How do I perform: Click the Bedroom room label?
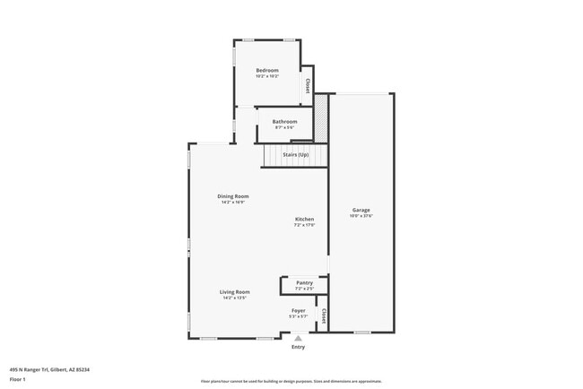[x=267, y=70]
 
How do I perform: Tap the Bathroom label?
[x=285, y=121]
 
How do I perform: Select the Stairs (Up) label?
[x=296, y=155]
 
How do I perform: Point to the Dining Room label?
[x=233, y=195]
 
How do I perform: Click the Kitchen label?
[x=305, y=219]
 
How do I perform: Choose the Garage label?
[x=361, y=210]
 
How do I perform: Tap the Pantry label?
[x=305, y=282]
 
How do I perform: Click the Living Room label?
[x=235, y=291]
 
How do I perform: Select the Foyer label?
[x=298, y=310]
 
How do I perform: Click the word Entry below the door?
[x=298, y=347]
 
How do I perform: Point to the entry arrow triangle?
[x=298, y=338]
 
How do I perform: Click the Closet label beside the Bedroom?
[x=308, y=85]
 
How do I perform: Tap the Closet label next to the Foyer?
[x=323, y=316]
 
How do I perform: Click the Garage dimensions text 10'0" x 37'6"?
[x=361, y=216]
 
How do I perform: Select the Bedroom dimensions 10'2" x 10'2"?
[x=267, y=76]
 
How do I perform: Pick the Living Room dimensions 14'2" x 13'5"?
[x=235, y=298]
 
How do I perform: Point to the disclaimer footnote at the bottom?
[x=291, y=381]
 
